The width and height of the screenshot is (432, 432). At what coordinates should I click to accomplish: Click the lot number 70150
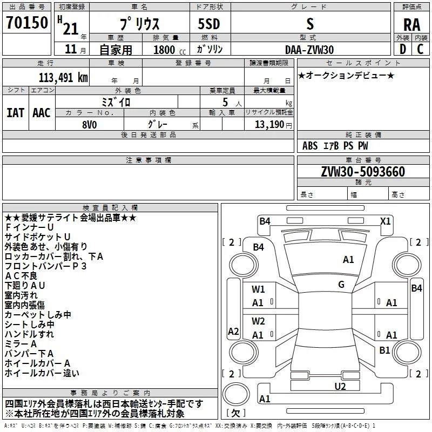tap(27, 23)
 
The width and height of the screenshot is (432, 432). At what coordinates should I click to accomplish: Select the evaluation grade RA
tap(412, 25)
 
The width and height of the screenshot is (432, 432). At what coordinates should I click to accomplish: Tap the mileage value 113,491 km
tap(63, 78)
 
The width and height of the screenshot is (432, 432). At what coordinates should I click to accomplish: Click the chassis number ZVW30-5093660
tap(363, 172)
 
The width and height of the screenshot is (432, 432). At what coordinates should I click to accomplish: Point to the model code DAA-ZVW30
tap(309, 50)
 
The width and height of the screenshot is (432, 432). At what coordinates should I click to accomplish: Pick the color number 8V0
tap(90, 125)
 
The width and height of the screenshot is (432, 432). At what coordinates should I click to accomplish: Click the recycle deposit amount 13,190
tap(269, 125)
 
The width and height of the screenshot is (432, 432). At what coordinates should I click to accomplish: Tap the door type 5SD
tap(209, 24)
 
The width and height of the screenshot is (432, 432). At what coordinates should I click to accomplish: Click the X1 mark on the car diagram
tap(385, 221)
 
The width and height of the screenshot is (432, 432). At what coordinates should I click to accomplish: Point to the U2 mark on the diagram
tap(340, 387)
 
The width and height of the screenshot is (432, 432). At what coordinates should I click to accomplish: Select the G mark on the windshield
tap(341, 285)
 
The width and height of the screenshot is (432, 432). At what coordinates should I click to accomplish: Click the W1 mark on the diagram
tap(258, 289)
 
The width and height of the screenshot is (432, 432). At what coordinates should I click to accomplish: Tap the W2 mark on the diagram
tap(258, 321)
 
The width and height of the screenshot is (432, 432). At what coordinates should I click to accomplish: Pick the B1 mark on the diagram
tap(384, 350)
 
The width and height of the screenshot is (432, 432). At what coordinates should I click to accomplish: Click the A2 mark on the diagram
tap(233, 332)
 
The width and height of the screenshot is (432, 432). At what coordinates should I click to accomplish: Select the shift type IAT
tap(16, 113)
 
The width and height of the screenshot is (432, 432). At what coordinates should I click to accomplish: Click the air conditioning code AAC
tap(42, 113)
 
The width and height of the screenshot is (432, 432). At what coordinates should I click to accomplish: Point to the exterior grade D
tap(403, 49)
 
